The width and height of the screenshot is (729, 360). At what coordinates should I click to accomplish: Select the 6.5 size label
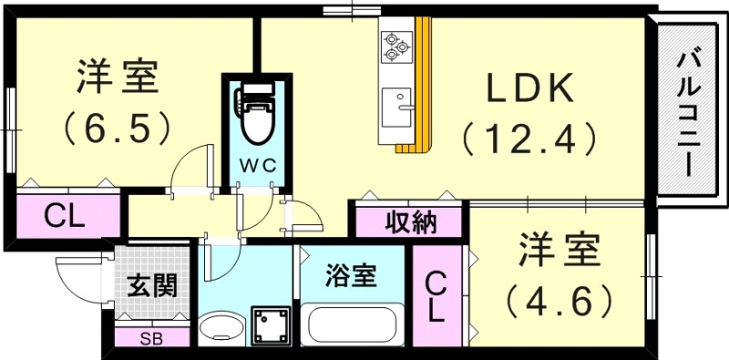click(118, 127)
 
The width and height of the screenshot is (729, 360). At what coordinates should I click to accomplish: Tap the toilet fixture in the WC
click(255, 114)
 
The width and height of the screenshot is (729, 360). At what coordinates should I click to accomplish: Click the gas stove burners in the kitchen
click(396, 46)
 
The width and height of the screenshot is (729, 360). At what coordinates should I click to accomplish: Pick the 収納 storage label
click(407, 221)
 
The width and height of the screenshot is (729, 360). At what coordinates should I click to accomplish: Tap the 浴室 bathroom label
click(352, 274)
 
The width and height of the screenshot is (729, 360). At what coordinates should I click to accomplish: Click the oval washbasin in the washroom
click(221, 329)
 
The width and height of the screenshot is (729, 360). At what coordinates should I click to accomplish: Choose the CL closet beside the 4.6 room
click(435, 298)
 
